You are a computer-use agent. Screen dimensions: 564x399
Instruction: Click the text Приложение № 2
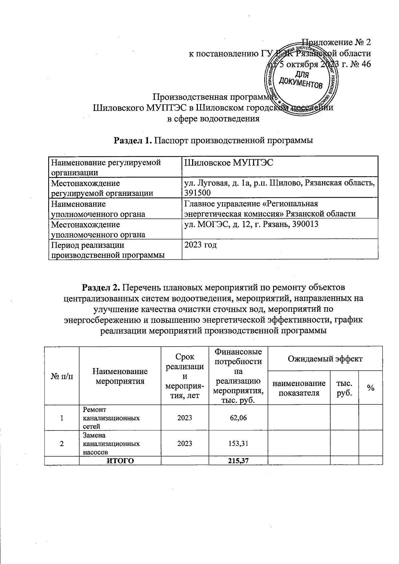pos(336,42)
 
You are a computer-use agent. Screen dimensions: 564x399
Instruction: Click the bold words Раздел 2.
pos(103,287)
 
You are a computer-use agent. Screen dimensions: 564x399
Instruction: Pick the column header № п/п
pos(62,376)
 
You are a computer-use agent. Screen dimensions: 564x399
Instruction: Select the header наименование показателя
pos(299,388)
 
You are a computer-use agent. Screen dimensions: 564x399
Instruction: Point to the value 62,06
pos(238,418)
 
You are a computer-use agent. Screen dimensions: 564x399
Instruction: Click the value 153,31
pos(238,443)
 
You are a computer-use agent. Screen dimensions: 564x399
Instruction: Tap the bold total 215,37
pos(238,460)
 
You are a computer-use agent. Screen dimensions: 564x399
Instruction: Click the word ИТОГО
pos(120,460)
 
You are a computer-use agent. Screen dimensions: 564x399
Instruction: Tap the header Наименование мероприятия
pos(120,376)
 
